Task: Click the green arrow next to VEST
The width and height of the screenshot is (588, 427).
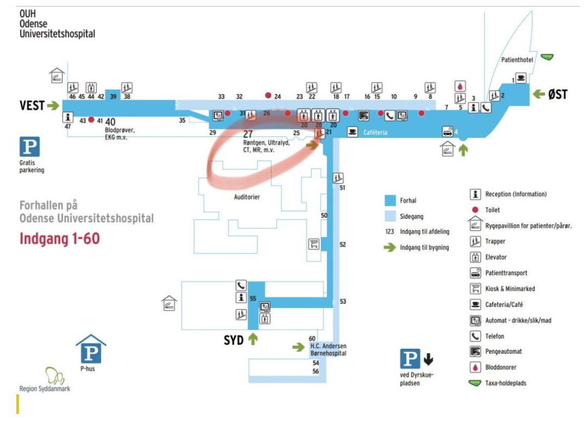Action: pyautogui.click(x=53, y=105)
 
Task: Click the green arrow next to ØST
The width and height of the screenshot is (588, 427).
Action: pyautogui.click(x=538, y=94)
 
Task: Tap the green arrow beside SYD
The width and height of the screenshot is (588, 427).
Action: pyautogui.click(x=253, y=340)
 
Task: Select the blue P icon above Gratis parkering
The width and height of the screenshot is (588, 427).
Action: pyautogui.click(x=30, y=147)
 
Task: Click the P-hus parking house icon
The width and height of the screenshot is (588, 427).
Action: pyautogui.click(x=91, y=350)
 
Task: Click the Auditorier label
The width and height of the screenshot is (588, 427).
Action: pyautogui.click(x=246, y=197)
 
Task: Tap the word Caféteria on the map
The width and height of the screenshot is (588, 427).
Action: pyautogui.click(x=376, y=132)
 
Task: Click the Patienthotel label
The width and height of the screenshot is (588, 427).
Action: pyautogui.click(x=517, y=60)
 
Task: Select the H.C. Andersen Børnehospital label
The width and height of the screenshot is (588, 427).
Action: pyautogui.click(x=328, y=350)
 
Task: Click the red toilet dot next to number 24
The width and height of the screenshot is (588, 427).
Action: pyautogui.click(x=268, y=96)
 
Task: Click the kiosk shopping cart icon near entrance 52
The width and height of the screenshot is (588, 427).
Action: pyautogui.click(x=313, y=244)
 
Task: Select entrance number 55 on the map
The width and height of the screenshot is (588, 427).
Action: pyautogui.click(x=252, y=298)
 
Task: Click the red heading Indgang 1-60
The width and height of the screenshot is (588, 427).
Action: pyautogui.click(x=60, y=238)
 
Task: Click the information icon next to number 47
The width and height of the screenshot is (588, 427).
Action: pyautogui.click(x=68, y=117)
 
